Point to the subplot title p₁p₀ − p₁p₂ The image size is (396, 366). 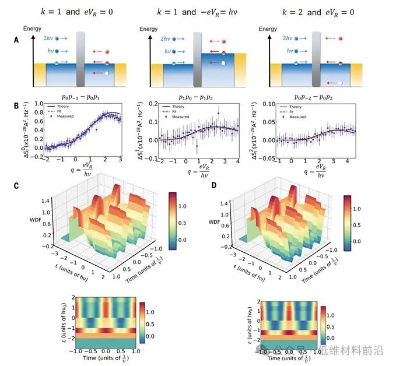(199, 94)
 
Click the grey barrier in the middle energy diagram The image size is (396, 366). (199, 59)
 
